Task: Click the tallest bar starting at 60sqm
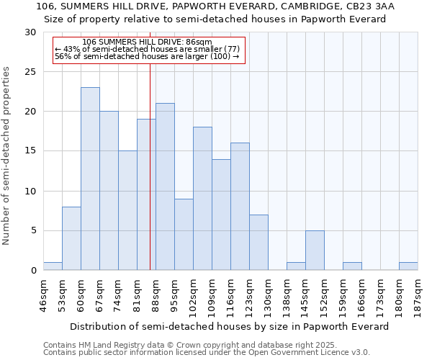tap(90, 179)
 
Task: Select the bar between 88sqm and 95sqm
tap(165, 186)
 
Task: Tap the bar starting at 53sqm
tap(71, 238)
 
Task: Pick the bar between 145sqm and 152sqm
tap(315, 250)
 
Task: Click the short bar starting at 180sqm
tap(408, 266)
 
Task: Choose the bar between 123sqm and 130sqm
tap(258, 242)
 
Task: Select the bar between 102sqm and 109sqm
tap(202, 199)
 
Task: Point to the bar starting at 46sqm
tap(53, 266)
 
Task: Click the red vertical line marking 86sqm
tap(150, 166)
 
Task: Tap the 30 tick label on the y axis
tap(30, 32)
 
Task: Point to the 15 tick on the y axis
tap(30, 151)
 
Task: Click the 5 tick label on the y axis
tap(33, 231)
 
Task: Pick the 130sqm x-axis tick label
tap(268, 296)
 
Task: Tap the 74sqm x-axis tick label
tap(118, 296)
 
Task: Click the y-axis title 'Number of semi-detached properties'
tap(7, 156)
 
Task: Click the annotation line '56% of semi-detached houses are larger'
tap(147, 56)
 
